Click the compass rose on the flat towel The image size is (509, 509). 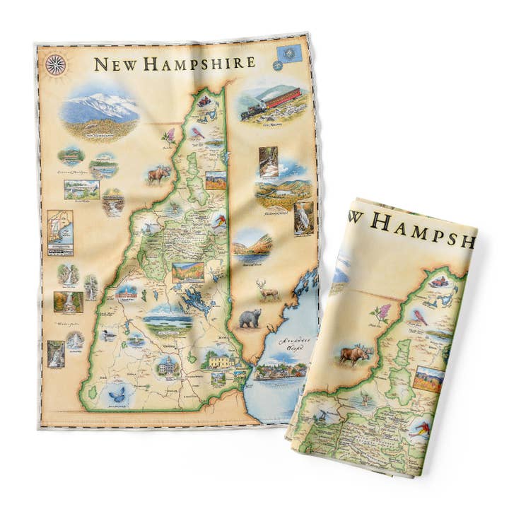click(x=55, y=64)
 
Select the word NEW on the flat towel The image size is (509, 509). click(x=117, y=64)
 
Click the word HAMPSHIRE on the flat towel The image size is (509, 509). click(x=200, y=63)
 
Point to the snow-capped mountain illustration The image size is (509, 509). click(x=100, y=110)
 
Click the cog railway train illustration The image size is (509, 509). click(x=272, y=104)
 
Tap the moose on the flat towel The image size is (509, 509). click(x=158, y=174)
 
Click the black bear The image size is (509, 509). click(x=249, y=319)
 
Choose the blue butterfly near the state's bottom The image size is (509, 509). click(x=115, y=394)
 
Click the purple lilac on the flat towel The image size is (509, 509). click(x=170, y=135)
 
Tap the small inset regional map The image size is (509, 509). click(x=60, y=232)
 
